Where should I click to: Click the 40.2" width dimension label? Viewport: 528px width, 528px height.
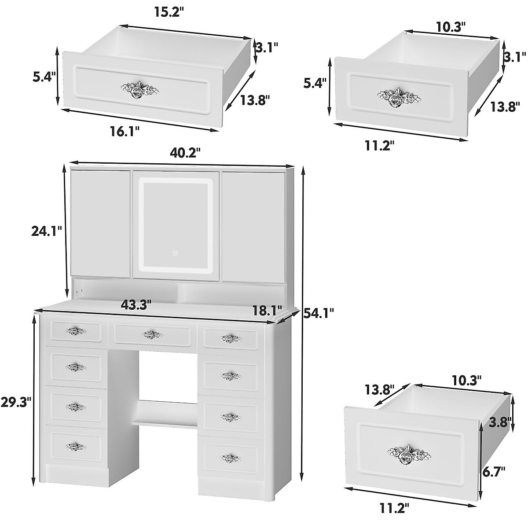point(184,153)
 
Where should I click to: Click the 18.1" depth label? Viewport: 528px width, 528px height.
point(266,311)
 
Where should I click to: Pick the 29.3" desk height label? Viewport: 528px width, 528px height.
point(16,403)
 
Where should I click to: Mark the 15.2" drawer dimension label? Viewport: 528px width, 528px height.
point(167,12)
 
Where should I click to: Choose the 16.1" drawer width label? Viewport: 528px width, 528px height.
point(125,131)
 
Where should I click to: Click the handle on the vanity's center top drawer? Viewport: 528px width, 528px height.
point(152,335)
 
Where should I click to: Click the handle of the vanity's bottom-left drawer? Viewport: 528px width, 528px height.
point(76,447)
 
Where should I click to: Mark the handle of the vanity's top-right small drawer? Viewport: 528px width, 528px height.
point(231,338)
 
